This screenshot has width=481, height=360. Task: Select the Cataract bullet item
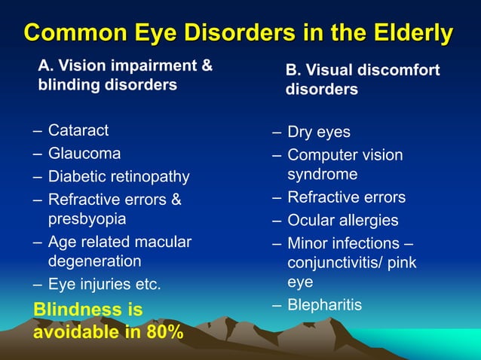(78, 130)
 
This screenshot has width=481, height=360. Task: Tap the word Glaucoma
(84, 154)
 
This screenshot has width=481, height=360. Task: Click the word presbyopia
(87, 219)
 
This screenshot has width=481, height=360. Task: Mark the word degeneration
(95, 261)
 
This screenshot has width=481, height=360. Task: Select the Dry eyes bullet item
(319, 132)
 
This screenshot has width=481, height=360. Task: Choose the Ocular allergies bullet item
(343, 221)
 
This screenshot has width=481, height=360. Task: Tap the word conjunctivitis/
(335, 263)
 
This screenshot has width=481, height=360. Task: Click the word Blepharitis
(325, 305)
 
